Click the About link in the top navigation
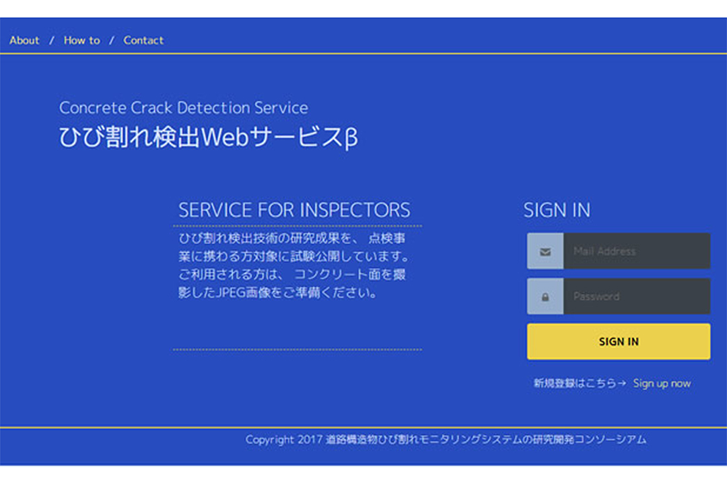click(x=24, y=40)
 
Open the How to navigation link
click(x=81, y=40)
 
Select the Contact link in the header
click(x=143, y=40)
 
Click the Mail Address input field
click(x=637, y=251)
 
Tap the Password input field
click(x=637, y=296)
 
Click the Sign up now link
click(x=662, y=383)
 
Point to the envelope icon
click(x=545, y=251)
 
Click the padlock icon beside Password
click(x=545, y=296)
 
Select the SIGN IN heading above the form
click(x=557, y=210)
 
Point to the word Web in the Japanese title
click(x=225, y=137)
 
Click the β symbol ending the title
click(x=351, y=138)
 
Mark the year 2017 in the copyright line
click(x=310, y=439)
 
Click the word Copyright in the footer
click(x=269, y=439)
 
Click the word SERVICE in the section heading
click(x=215, y=210)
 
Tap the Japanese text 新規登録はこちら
click(x=575, y=383)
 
